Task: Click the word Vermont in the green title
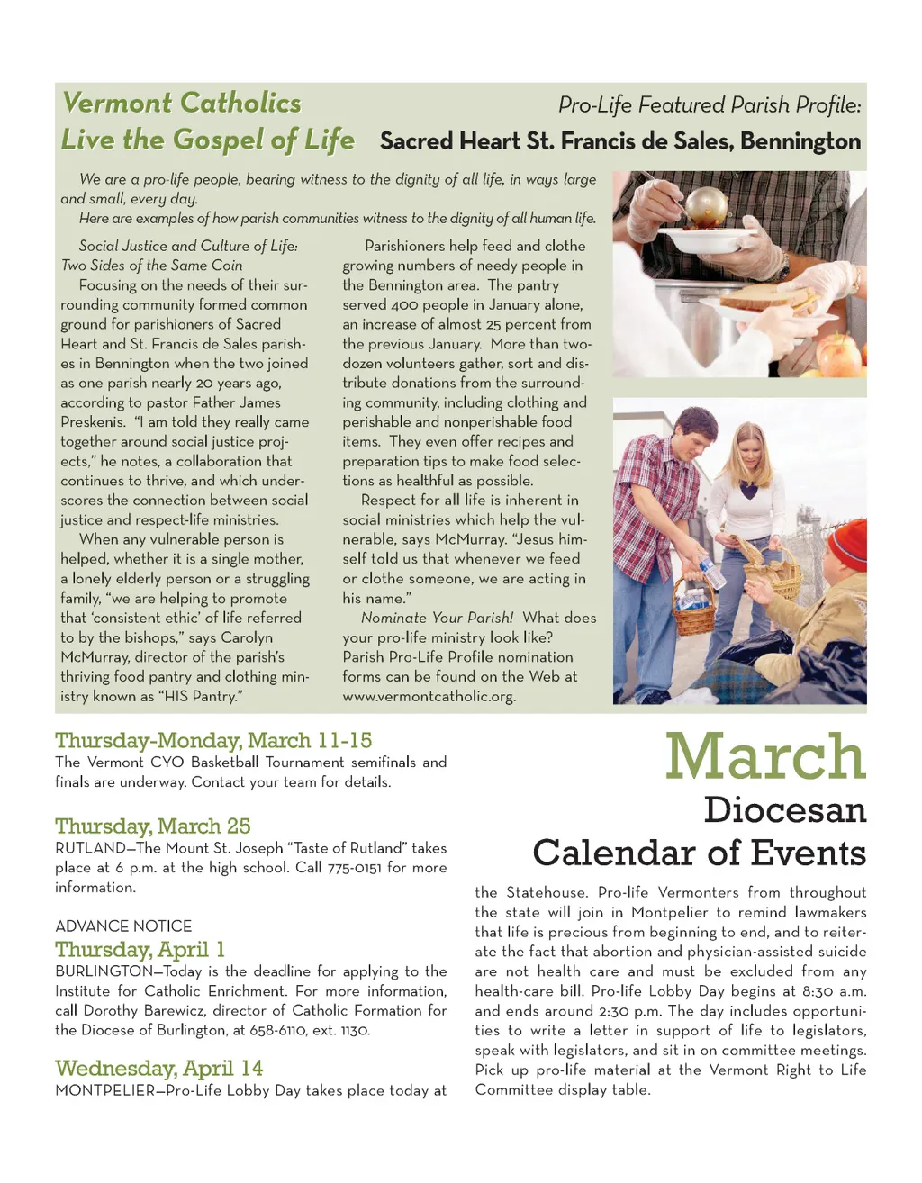coord(118,103)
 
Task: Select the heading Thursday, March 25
coord(152,826)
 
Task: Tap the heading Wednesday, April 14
coord(158,1069)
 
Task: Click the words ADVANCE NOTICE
coord(123,926)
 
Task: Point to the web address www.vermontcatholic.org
coord(429,697)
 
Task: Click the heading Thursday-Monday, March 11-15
coord(213,741)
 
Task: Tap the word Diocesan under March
coord(784,809)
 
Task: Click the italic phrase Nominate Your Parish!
coord(437,619)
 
